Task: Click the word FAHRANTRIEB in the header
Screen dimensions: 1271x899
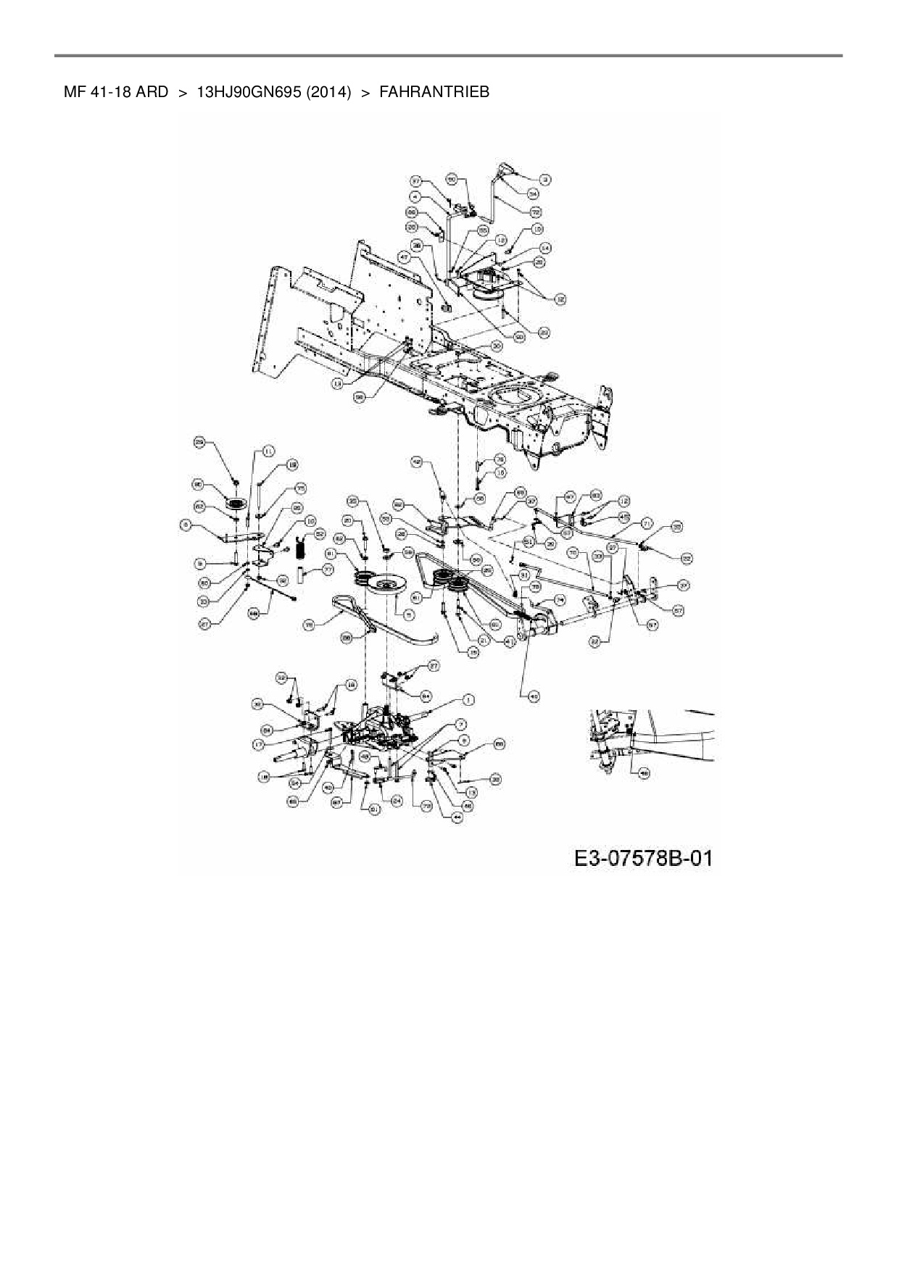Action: [x=434, y=92]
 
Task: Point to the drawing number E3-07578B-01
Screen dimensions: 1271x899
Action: [x=643, y=859]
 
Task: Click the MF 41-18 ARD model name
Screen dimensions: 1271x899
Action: [x=116, y=92]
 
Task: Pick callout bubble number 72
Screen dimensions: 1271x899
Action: [x=537, y=212]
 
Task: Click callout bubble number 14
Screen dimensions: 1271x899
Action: [x=546, y=248]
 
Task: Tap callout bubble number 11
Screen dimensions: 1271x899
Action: [x=268, y=451]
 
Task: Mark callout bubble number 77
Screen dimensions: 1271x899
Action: [x=328, y=570]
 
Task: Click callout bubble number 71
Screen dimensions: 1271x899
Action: [x=647, y=522]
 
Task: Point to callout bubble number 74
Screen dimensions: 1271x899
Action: [x=560, y=599]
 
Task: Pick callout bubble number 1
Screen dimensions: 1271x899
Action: [x=469, y=699]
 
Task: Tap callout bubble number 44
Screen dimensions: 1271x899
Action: [x=457, y=817]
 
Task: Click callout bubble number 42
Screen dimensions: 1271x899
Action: [x=417, y=460]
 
